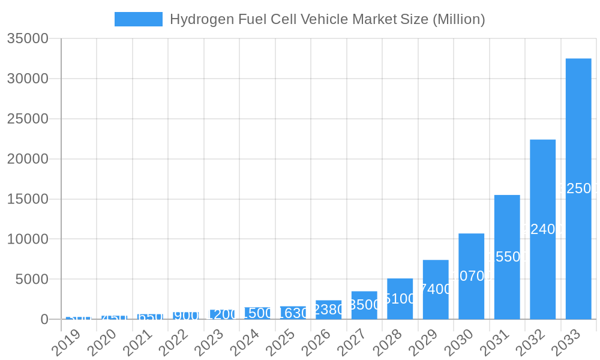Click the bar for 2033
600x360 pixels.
[x=578, y=188]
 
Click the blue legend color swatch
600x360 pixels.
[x=139, y=19]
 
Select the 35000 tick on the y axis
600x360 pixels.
[x=28, y=38]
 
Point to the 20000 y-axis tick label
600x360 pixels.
[x=28, y=159]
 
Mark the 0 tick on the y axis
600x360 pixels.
[x=44, y=319]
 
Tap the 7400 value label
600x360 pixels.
[x=436, y=289]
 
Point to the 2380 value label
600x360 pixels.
[x=329, y=310]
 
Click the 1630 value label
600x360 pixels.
[x=293, y=313]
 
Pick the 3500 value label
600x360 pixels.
[x=364, y=305]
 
